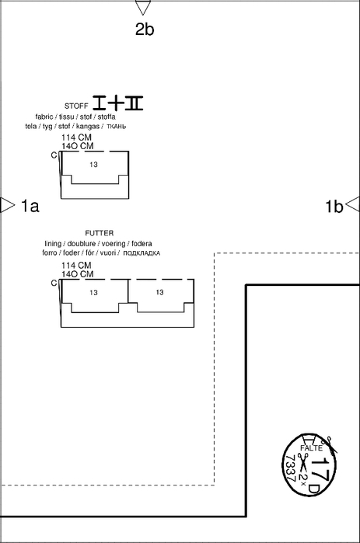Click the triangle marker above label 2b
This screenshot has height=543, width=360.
point(143,7)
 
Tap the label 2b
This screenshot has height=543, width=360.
point(145,29)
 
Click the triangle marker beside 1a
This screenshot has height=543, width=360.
point(8,205)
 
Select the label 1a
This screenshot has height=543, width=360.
point(30,206)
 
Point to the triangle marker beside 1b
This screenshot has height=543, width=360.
point(353,204)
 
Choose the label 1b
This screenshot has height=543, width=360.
point(334,207)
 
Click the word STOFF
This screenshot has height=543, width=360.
point(76,106)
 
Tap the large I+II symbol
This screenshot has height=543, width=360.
point(118,103)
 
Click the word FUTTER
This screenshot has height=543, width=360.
point(100,233)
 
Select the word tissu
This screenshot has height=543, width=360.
point(66,117)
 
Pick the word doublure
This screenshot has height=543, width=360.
point(82,243)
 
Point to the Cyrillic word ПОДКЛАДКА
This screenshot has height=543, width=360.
point(142,253)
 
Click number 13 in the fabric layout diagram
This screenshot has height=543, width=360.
point(93,165)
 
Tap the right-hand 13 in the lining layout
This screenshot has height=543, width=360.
point(159,293)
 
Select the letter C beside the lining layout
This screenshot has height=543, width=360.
point(54,284)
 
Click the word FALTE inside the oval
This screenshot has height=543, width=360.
point(312,448)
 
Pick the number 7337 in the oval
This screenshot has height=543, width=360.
point(290,468)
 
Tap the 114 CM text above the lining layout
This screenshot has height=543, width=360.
point(76,266)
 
